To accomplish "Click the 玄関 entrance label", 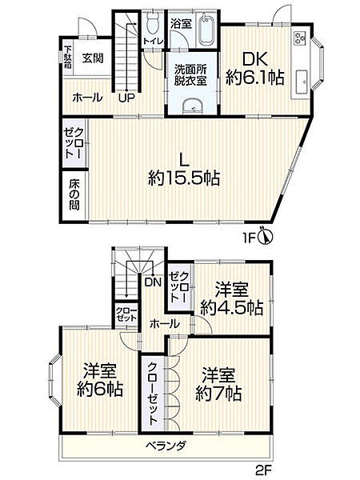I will pos(91,58).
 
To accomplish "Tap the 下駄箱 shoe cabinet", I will pos(68,58).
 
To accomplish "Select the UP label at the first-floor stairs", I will pos(126,98).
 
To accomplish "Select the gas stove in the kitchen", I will pos(299,38).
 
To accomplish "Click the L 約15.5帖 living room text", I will pos(184,167).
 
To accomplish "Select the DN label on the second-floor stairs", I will pos(153,282).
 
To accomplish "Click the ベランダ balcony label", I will pos(166,446).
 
